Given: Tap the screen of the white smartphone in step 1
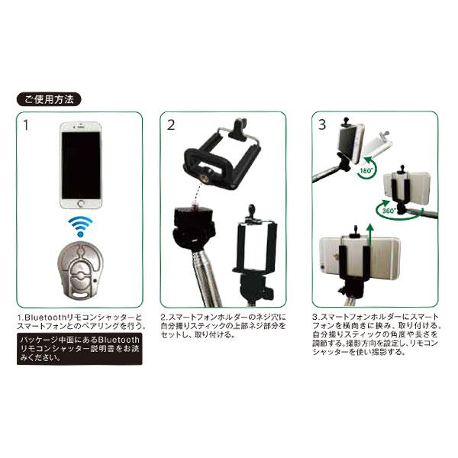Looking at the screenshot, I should coord(80,160).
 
